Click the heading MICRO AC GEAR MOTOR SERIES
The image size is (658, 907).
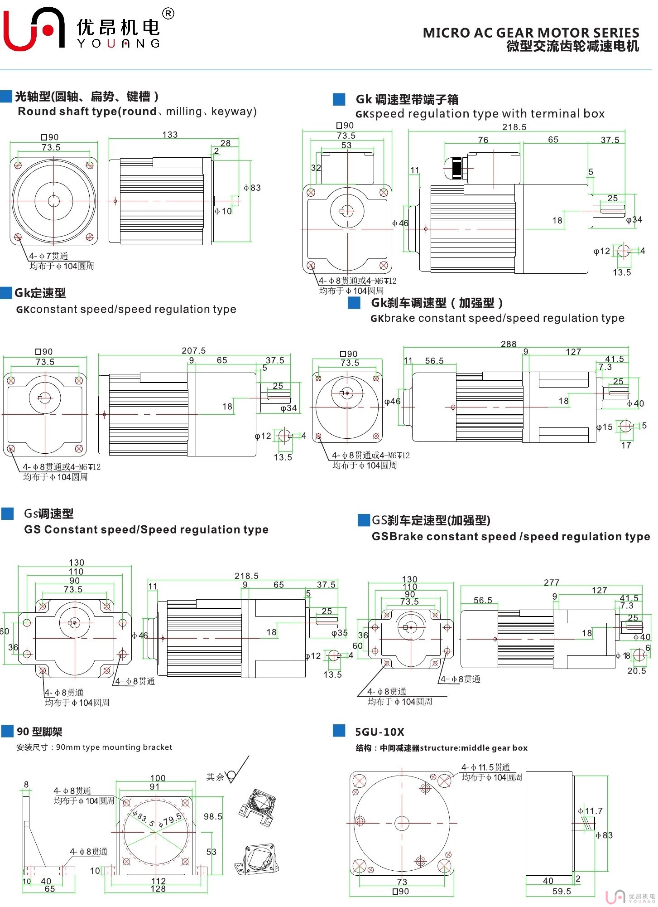coord(530,33)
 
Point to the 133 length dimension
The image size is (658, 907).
coord(170,135)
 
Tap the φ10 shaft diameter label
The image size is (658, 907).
coord(223,211)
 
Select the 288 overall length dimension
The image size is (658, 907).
coord(508,344)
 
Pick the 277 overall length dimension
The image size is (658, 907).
coord(551,582)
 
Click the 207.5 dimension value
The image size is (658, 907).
coord(193,350)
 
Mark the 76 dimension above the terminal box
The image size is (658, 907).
coord(483,140)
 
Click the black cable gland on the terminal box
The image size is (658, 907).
coord(456,168)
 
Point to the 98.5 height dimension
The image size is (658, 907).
coord(213,816)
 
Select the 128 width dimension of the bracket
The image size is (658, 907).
coord(158,889)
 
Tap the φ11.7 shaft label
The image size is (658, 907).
coord(591,811)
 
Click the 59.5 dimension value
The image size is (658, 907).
coord(562,891)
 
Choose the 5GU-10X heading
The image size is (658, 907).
coord(379,732)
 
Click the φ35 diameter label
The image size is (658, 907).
coord(339,633)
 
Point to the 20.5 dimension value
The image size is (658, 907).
coord(636,671)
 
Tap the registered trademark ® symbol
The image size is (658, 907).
coord(168,14)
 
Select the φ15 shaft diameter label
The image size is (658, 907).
coord(605,427)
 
